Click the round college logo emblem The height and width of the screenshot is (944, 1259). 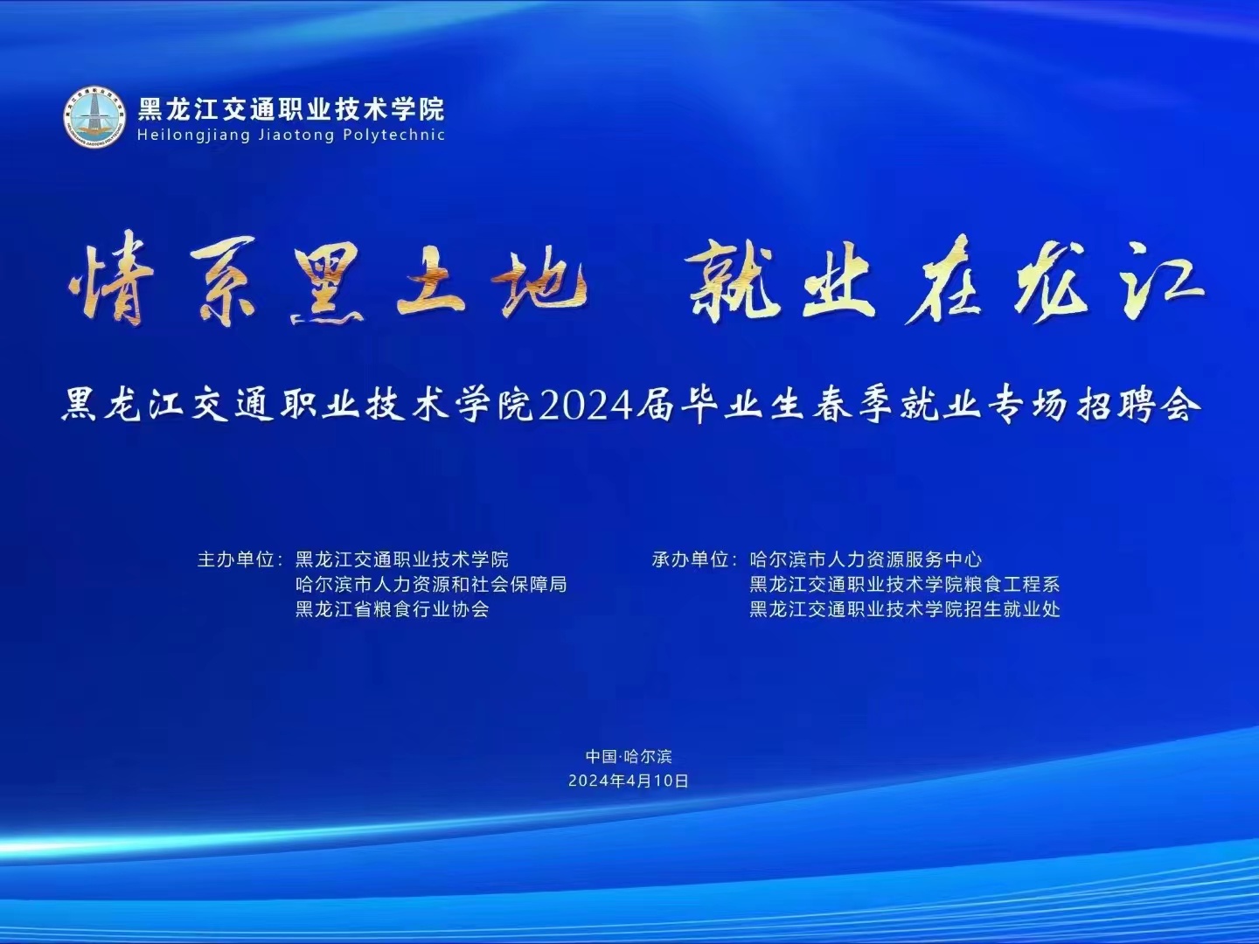(94, 117)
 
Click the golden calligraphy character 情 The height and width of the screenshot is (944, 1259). (110, 279)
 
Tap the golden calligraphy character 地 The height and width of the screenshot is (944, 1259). (543, 280)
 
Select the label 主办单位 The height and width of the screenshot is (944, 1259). (236, 559)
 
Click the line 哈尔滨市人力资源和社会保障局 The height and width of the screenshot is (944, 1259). (431, 585)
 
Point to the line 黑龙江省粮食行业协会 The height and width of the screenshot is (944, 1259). (393, 609)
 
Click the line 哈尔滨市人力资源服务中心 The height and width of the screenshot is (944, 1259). (866, 559)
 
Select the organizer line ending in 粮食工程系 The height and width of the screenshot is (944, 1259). (905, 585)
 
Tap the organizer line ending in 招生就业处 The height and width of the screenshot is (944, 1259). (905, 609)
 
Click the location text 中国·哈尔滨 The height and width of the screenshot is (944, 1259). (629, 757)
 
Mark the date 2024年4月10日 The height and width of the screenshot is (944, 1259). (629, 781)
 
